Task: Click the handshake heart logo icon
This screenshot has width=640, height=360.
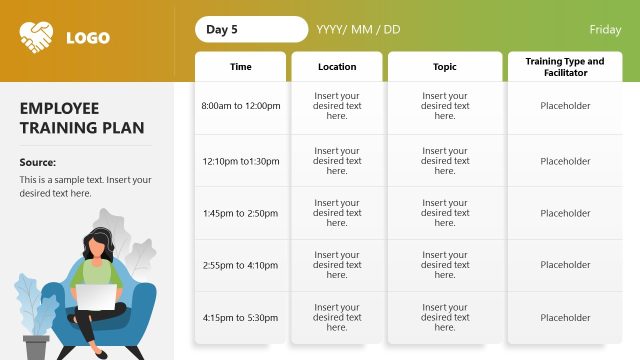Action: (x=37, y=39)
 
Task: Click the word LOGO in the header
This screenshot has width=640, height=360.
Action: (x=88, y=39)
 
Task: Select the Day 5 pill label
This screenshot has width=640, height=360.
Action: (x=222, y=29)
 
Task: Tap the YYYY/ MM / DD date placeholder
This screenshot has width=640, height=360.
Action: (x=358, y=29)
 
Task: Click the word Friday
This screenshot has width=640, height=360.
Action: (x=605, y=30)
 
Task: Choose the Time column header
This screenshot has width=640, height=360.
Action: (x=241, y=67)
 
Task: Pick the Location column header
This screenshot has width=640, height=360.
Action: (x=337, y=67)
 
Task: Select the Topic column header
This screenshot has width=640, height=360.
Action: (x=445, y=67)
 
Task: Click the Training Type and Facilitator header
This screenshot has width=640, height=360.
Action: (x=565, y=67)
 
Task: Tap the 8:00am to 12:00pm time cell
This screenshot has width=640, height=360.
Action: (x=240, y=105)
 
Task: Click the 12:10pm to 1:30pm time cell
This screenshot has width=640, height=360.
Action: (x=240, y=161)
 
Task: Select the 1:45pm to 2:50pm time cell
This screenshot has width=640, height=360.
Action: (x=240, y=213)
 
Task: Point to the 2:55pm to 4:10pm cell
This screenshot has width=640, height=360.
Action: (x=240, y=265)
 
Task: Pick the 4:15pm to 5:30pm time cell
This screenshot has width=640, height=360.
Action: (x=240, y=317)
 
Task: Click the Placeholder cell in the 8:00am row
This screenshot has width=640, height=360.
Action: (x=565, y=105)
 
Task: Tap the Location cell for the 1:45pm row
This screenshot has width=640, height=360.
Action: (x=337, y=213)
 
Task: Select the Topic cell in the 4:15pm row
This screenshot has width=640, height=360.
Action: (x=445, y=317)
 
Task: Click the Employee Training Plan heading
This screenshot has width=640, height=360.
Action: (x=82, y=118)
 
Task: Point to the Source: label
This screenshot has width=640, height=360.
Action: (x=38, y=162)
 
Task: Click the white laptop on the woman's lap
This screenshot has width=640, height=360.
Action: (x=97, y=298)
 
